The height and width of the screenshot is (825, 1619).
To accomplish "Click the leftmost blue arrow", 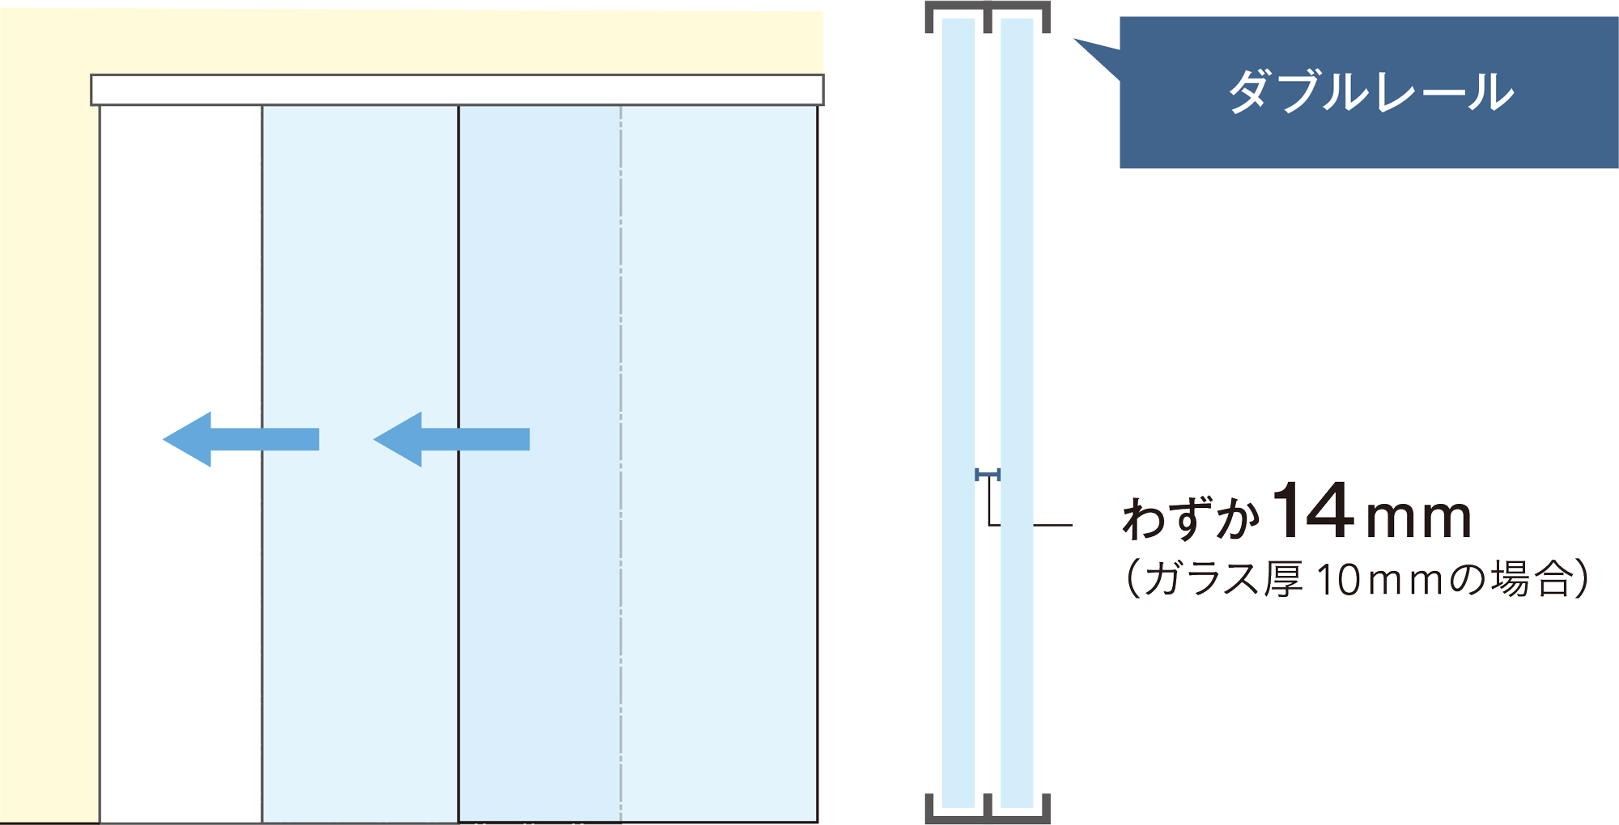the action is coord(241,439).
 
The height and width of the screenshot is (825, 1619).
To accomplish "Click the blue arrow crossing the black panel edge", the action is coord(452,439).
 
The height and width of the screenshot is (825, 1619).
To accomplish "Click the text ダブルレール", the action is coord(1370,92).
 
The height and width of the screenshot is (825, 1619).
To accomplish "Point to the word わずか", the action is coord(1191,517).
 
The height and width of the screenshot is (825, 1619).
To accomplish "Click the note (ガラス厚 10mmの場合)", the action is coord(1357,578).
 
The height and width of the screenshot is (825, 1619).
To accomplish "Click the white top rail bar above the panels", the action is coord(457,90).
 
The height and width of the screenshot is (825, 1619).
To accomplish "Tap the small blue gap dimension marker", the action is coord(988,475).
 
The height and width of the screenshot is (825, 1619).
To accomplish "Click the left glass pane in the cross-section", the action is coord(958,412).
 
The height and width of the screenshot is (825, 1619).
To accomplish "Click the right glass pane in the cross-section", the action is coord(1017,412).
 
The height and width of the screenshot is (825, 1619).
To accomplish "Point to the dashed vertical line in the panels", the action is coord(621,463).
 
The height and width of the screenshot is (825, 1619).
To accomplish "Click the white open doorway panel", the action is coord(181,463).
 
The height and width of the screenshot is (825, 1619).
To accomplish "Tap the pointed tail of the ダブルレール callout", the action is coord(1075,39).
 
